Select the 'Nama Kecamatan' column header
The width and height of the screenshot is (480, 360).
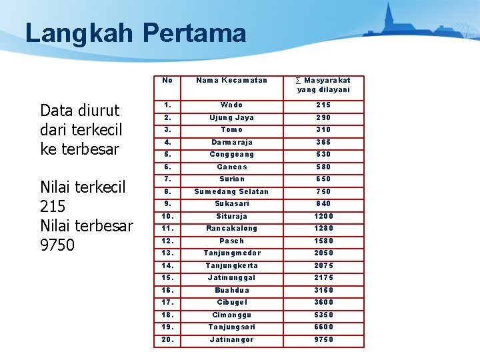point(231,81)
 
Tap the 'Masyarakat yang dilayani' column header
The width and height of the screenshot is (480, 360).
point(323,85)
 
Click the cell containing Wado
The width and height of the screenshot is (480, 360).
point(231,105)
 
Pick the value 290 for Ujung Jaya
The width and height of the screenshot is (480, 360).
point(323,117)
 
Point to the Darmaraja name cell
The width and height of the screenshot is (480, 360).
point(231,142)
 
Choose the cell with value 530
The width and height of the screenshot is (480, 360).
point(323,155)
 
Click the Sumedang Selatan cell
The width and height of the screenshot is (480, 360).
point(231,191)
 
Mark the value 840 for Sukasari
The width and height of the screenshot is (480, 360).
point(323,204)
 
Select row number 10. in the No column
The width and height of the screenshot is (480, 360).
point(168,216)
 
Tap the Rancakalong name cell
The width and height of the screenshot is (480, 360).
point(231,228)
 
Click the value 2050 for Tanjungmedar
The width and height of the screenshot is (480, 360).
point(323,253)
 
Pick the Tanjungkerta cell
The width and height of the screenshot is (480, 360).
point(231,265)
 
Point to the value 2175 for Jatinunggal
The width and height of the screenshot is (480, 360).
point(323,277)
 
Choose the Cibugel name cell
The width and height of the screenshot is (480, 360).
point(231,302)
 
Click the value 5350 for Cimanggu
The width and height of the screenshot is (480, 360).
point(323,315)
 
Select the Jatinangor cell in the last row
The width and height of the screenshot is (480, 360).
point(231,340)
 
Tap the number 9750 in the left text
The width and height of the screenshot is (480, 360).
point(58,245)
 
